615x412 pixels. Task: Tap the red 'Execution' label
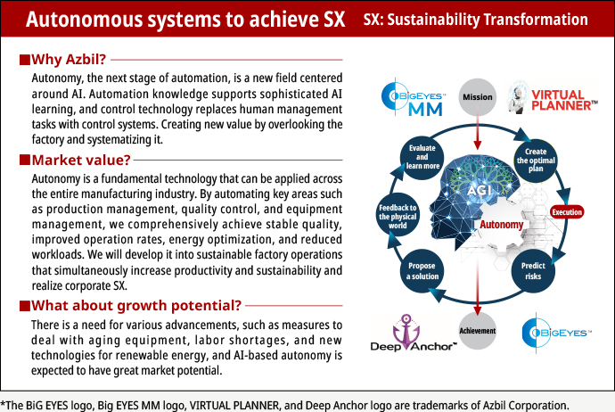(567, 212)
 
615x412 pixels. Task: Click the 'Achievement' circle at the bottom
(479, 331)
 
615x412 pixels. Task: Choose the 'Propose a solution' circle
(421, 271)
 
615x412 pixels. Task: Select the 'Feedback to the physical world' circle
(398, 214)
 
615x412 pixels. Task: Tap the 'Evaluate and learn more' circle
(421, 157)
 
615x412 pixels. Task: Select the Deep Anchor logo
(404, 334)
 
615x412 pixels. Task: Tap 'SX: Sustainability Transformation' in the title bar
(476, 20)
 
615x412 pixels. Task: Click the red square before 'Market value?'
(24, 161)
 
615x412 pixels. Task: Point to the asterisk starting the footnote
(4, 403)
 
